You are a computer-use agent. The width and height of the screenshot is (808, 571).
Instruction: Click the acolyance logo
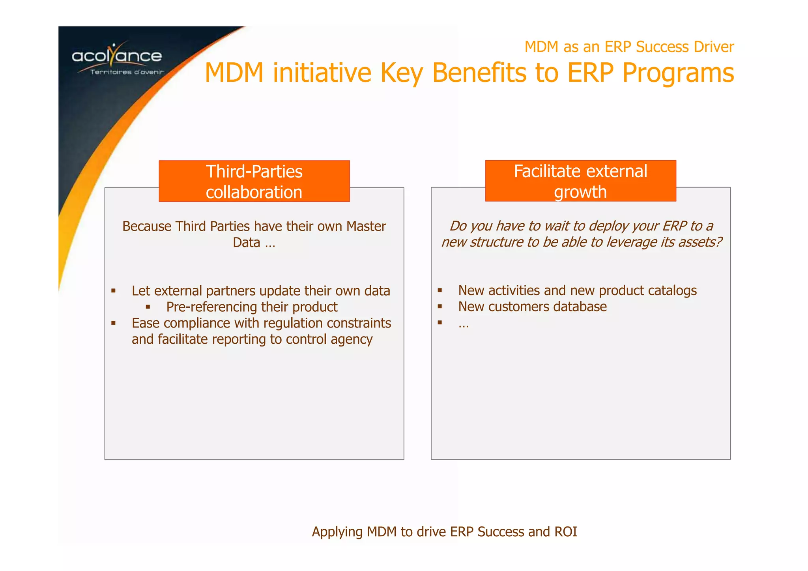point(117,56)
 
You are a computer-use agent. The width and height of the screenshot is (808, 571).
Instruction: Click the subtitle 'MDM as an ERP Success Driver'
point(629,47)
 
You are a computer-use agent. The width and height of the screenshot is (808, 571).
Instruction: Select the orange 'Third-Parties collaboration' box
point(254,182)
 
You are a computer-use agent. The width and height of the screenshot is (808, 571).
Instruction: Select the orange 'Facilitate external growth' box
point(580,181)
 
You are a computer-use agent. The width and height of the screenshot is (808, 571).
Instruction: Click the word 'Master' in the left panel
point(366,227)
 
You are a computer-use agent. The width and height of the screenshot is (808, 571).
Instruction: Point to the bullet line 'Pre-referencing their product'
point(252,307)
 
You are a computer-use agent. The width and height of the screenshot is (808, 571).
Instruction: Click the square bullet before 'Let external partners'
point(114,291)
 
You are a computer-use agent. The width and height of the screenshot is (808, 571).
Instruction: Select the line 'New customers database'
point(532,307)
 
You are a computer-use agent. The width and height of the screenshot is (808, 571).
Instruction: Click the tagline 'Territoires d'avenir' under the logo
point(127,72)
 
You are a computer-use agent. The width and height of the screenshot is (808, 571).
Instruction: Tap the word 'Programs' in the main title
point(678,73)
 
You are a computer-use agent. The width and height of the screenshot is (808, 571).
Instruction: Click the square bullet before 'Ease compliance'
point(114,323)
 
